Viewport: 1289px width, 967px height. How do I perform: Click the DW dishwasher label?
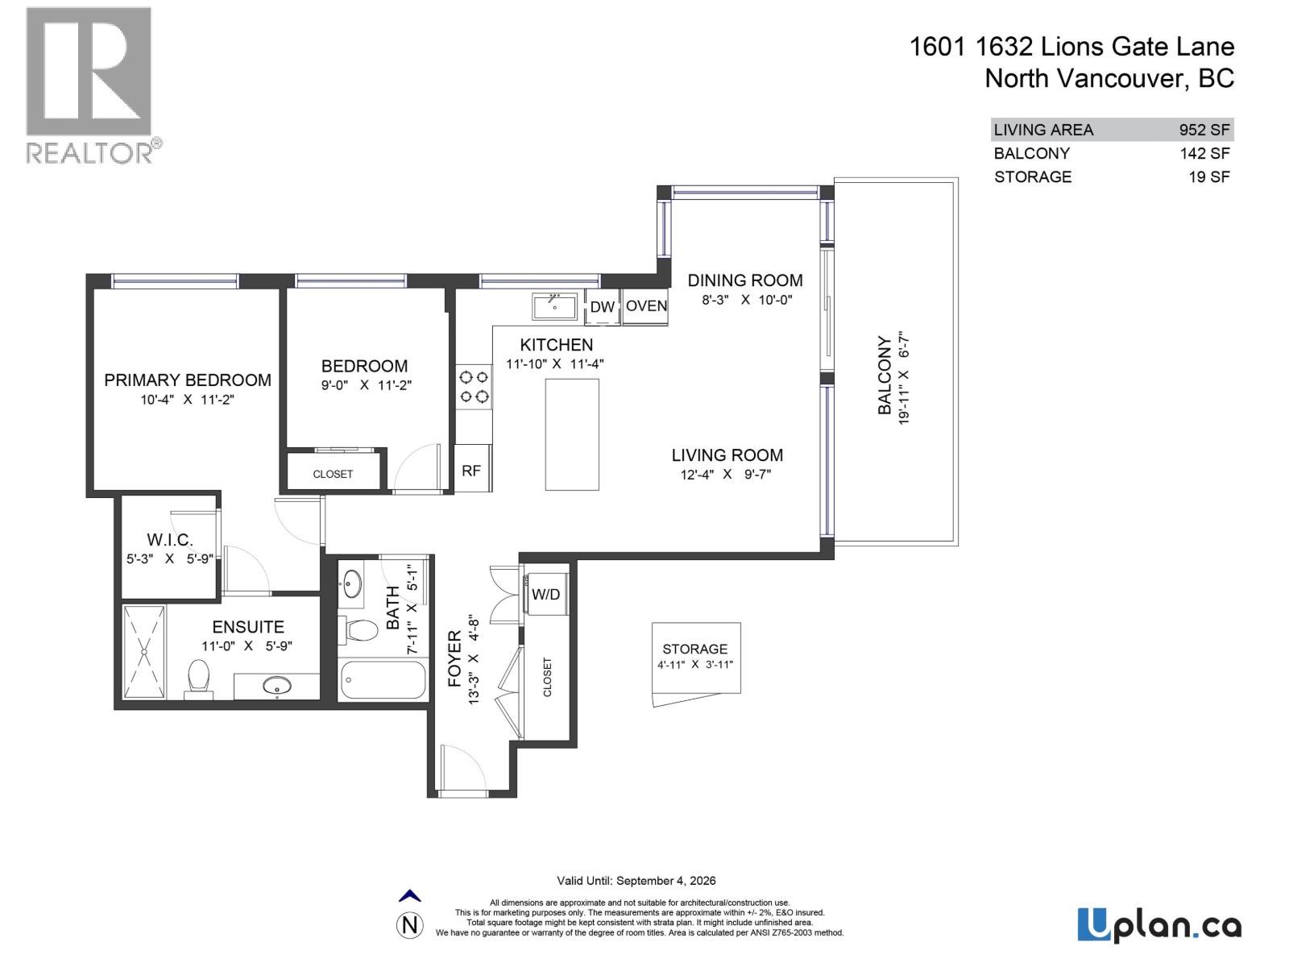[x=602, y=307]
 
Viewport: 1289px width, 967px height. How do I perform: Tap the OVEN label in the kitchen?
[x=646, y=306]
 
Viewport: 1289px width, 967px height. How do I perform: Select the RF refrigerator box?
[x=471, y=470]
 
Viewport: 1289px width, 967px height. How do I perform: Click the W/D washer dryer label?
[x=545, y=595]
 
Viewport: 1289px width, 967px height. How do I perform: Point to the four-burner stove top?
[x=474, y=387]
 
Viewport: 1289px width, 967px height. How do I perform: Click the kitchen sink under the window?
[x=554, y=307]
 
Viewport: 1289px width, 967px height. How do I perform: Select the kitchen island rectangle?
[x=572, y=434]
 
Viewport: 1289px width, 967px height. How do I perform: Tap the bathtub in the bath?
[x=382, y=681]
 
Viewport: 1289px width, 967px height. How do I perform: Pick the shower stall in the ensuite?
[x=144, y=652]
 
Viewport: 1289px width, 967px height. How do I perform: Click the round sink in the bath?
[x=352, y=583]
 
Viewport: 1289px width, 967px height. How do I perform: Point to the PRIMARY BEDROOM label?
[x=188, y=380]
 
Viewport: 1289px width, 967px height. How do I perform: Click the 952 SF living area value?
[x=1204, y=130]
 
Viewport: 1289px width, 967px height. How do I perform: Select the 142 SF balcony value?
[x=1204, y=153]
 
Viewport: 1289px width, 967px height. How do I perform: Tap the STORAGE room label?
[x=694, y=649]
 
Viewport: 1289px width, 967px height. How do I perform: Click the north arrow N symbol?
[x=410, y=924]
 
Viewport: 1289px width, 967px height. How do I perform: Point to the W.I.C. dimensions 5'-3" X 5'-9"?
[x=169, y=558]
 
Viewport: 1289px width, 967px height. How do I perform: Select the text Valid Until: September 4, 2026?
[x=636, y=881]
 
